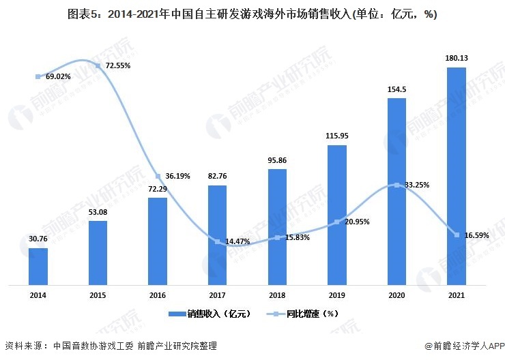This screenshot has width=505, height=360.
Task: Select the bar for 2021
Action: [x=456, y=175]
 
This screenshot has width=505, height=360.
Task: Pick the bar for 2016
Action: [x=158, y=241]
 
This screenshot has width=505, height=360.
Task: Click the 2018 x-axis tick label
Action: [x=276, y=295]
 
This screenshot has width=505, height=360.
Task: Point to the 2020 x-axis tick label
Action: [x=396, y=295]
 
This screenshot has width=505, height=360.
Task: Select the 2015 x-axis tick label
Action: [x=98, y=295]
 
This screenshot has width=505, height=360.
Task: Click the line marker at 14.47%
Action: [x=218, y=241]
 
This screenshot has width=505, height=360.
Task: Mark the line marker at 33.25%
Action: [x=396, y=185]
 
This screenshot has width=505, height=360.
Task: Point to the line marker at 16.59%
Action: [x=456, y=235]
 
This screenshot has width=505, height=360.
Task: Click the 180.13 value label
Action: [x=456, y=59]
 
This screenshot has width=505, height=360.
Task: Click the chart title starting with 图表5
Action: [x=252, y=14]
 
